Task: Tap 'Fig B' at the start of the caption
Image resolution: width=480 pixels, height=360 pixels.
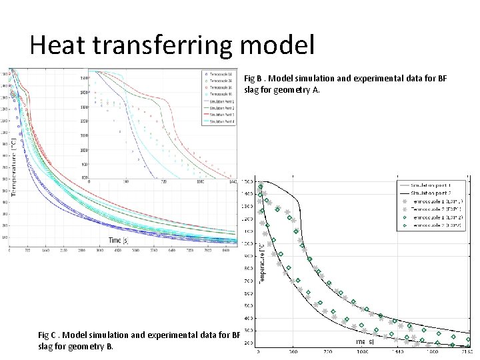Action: click(x=255, y=79)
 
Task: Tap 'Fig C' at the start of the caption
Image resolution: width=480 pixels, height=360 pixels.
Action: click(x=49, y=335)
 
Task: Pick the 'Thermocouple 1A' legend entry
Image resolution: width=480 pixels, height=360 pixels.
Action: click(x=219, y=74)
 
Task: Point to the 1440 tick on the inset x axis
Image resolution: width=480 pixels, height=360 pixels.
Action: click(x=232, y=181)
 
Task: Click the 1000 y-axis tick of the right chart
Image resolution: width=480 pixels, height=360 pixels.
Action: click(x=248, y=244)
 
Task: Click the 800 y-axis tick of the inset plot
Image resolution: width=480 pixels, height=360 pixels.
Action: click(x=83, y=177)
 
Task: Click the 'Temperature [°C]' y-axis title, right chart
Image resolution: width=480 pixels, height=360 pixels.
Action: click(x=261, y=264)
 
